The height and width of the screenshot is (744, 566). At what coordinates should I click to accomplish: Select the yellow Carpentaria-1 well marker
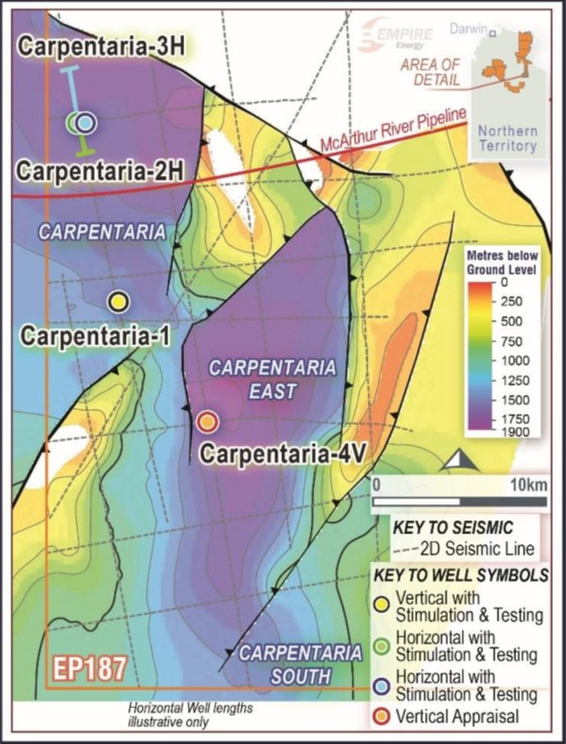pyautogui.click(x=118, y=301)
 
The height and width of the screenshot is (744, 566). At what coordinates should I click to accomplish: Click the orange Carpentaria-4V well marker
pyautogui.click(x=208, y=420)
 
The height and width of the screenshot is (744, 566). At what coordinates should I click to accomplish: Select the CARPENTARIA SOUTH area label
pyautogui.click(x=300, y=663)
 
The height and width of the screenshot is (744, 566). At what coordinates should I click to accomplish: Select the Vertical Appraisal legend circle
pyautogui.click(x=381, y=718)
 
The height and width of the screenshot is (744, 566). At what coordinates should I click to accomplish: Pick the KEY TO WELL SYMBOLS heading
pyautogui.click(x=463, y=573)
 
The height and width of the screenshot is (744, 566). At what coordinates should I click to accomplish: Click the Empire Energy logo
pyautogui.click(x=395, y=36)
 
